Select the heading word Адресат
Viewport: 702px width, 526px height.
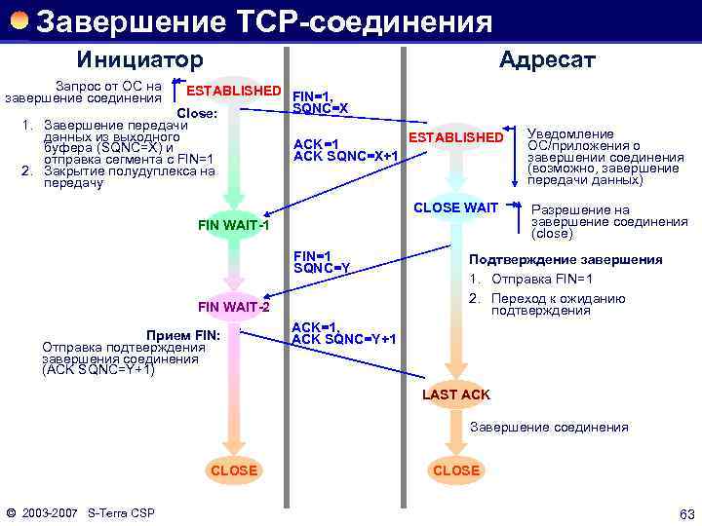(546, 60)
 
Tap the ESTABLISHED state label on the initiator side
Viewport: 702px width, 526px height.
(234, 91)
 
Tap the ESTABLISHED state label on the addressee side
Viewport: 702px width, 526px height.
(454, 137)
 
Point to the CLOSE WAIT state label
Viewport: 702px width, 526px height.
(455, 207)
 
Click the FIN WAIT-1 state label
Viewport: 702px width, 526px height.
(233, 226)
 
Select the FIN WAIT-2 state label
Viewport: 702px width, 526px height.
(233, 308)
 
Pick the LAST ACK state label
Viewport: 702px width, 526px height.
(456, 394)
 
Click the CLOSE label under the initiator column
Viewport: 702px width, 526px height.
(234, 470)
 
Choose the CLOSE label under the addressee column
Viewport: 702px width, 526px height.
(456, 470)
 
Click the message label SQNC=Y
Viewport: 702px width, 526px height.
(321, 268)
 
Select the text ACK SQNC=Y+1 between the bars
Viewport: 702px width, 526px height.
(344, 339)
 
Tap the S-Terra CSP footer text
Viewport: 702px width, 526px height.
(121, 513)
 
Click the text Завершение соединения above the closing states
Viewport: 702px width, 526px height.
(549, 427)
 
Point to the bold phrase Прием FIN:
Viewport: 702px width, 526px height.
(182, 335)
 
